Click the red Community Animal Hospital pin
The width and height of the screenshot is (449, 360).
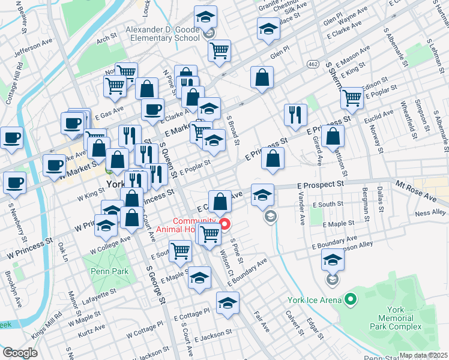226,226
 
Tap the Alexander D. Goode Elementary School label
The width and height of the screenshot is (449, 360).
162,34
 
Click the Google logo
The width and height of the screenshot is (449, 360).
20,353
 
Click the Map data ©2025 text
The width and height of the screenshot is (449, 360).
423,355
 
